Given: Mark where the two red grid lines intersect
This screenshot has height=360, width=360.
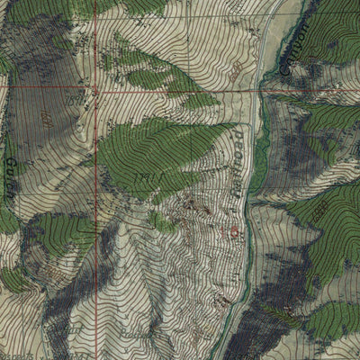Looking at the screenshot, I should pyautogui.click(x=95, y=91).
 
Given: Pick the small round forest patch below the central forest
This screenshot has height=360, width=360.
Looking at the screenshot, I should pyautogui.click(x=161, y=220).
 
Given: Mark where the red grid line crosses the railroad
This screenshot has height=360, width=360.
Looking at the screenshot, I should pyautogui.click(x=256, y=90).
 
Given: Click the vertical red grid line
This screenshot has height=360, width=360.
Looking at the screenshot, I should pyautogui.click(x=95, y=225).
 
